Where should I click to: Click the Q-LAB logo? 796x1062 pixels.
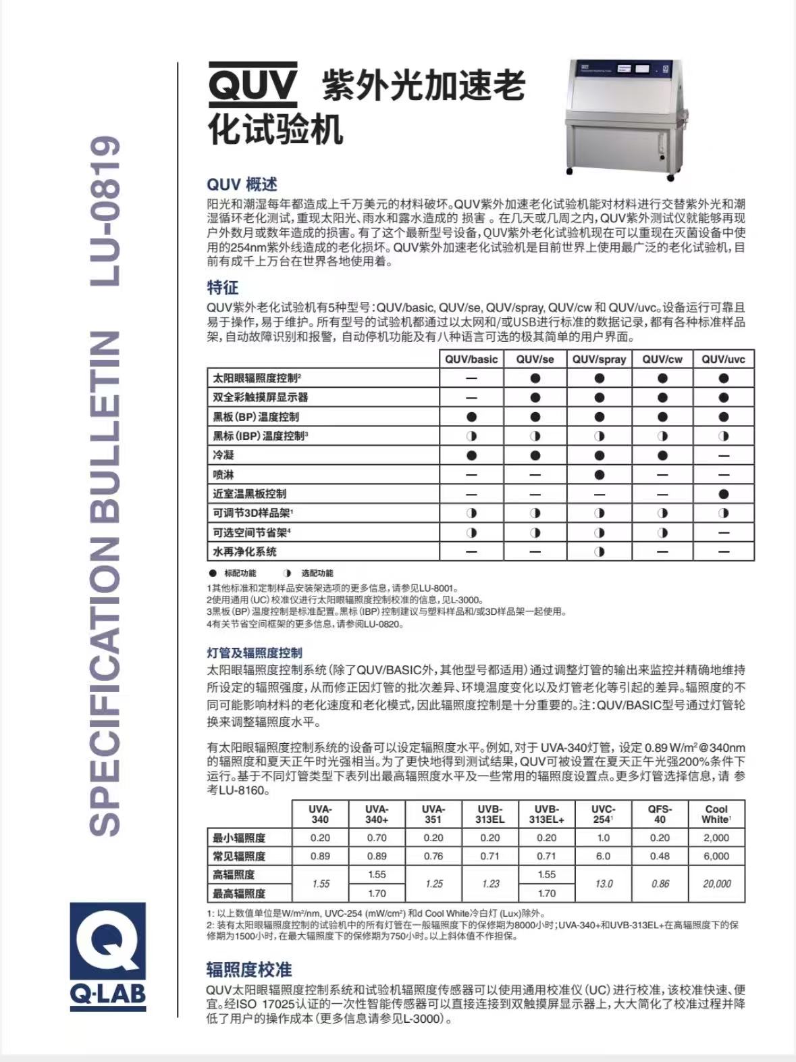pyautogui.click(x=108, y=957)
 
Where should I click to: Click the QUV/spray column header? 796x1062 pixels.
pyautogui.click(x=599, y=359)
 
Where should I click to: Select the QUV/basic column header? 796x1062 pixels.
pyautogui.click(x=471, y=359)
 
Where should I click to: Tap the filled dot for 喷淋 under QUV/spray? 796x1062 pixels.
pyautogui.click(x=599, y=475)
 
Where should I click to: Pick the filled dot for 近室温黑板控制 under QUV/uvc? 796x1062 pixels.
pyautogui.click(x=724, y=494)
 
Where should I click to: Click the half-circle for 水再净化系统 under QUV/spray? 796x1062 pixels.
pyautogui.click(x=599, y=551)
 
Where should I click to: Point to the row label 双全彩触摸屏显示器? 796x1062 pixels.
pyautogui.click(x=261, y=397)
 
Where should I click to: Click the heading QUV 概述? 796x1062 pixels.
pyautogui.click(x=242, y=184)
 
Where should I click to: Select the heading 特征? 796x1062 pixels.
pyautogui.click(x=222, y=287)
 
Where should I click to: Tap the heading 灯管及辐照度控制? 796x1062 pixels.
pyautogui.click(x=254, y=653)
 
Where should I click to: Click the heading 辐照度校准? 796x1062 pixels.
pyautogui.click(x=248, y=970)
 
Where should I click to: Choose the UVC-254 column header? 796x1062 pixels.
pyautogui.click(x=603, y=813)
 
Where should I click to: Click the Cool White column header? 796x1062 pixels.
pyautogui.click(x=716, y=813)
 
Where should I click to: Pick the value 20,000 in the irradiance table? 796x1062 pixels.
pyautogui.click(x=716, y=884)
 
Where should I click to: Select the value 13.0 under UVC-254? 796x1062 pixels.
pyautogui.click(x=603, y=884)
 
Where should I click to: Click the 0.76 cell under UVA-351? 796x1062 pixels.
pyautogui.click(x=433, y=856)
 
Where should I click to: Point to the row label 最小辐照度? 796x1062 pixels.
pyautogui.click(x=239, y=838)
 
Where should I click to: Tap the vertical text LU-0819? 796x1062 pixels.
pyautogui.click(x=105, y=211)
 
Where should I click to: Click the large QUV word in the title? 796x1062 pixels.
pyautogui.click(x=253, y=84)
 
